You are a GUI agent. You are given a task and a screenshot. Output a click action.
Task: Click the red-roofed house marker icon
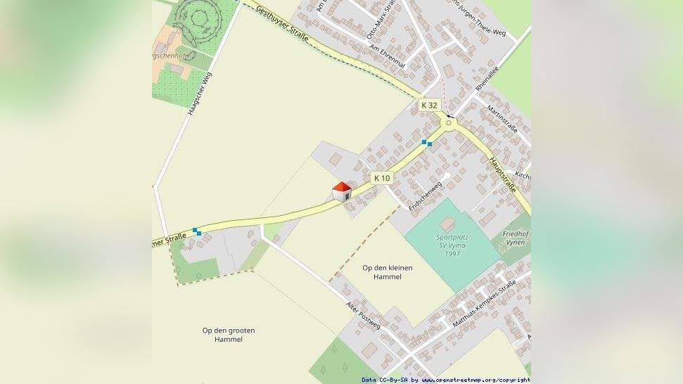pyautogui.click(x=342, y=191)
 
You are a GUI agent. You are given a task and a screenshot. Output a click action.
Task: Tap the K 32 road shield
pyautogui.click(x=428, y=105)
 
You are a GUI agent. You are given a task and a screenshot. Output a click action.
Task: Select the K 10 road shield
pyautogui.click(x=382, y=178)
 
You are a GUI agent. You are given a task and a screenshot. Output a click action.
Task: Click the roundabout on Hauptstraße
pyautogui.click(x=449, y=122)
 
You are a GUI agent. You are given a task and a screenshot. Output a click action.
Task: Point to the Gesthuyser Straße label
pyautogui.click(x=283, y=23)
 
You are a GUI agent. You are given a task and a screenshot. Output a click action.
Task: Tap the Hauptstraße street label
pyautogui.click(x=503, y=174)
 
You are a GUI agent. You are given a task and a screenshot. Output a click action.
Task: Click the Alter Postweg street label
pyautogui.click(x=364, y=316)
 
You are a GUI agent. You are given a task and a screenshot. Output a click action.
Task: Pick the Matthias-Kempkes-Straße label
pyautogui.click(x=485, y=302)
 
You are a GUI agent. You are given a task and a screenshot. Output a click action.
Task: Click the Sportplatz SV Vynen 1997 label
pyautogui.click(x=452, y=245)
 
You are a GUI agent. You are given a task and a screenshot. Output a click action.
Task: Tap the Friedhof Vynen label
pyautogui.click(x=515, y=238)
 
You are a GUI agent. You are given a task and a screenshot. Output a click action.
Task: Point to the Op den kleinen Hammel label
pyautogui.click(x=387, y=272)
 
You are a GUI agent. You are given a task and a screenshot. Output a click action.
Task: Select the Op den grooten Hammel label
pyautogui.click(x=228, y=335)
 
